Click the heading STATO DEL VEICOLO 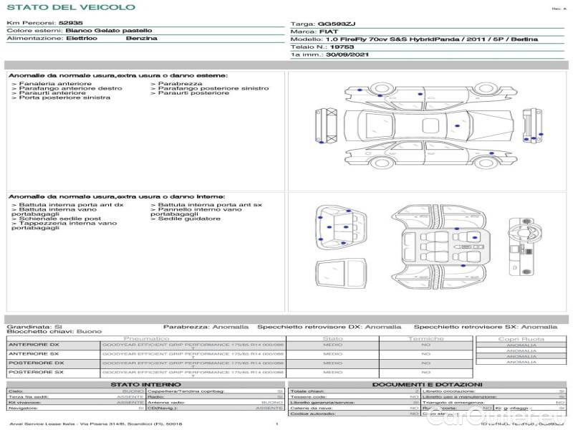coord(70,7)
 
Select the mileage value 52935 coord(71,24)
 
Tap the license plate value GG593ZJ coord(336,24)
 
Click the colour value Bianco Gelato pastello coord(108,32)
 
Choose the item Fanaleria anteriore coord(53,84)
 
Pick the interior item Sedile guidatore coord(187,219)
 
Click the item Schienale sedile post coord(60,219)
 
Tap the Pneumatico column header coord(147,338)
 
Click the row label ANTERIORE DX coord(34,345)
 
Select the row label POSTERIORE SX coord(36,373)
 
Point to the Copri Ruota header coord(521,339)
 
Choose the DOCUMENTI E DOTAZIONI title coord(427,385)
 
